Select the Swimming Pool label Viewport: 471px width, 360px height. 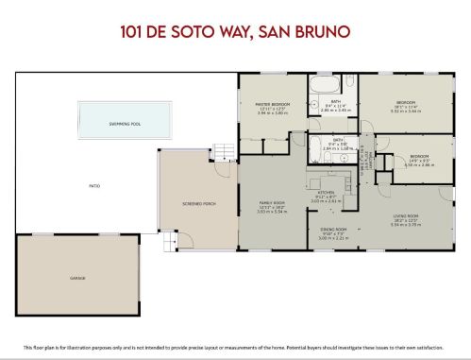tap(126, 122)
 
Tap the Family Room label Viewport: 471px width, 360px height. tap(272, 203)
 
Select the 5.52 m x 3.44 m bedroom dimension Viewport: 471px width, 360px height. tap(405, 111)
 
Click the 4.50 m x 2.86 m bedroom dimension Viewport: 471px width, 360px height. tap(418, 164)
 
